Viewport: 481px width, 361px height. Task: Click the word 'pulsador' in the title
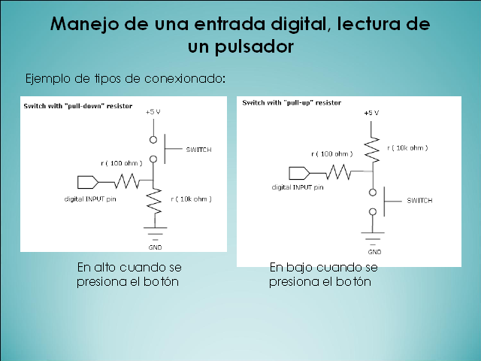click(x=254, y=47)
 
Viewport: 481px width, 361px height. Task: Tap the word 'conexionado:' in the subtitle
click(x=185, y=78)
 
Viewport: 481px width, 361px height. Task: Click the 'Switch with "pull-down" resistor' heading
click(x=78, y=106)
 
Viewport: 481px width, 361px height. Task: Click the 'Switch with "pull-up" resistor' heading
click(x=292, y=103)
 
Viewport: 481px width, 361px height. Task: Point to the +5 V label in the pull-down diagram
click(x=153, y=112)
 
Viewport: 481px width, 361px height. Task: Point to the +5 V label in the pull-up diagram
click(x=371, y=113)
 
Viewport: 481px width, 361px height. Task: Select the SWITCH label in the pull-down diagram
click(x=198, y=150)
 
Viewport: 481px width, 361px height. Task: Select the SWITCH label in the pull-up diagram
click(x=419, y=201)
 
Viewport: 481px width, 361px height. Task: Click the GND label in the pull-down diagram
click(x=155, y=247)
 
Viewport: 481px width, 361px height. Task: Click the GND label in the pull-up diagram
click(x=374, y=252)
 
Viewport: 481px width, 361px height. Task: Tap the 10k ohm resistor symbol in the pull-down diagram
click(x=154, y=201)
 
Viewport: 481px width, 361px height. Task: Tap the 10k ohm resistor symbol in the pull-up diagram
click(x=372, y=149)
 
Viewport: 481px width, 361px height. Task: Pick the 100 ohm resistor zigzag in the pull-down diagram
click(x=127, y=181)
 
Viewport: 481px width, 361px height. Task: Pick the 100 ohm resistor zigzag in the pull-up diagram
click(x=338, y=172)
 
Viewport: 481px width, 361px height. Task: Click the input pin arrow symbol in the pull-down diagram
click(x=88, y=182)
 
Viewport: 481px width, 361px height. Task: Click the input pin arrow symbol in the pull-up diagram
click(x=299, y=173)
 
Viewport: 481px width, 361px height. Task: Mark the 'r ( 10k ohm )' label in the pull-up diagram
click(x=407, y=148)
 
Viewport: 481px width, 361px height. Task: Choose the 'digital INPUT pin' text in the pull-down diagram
click(x=90, y=199)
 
